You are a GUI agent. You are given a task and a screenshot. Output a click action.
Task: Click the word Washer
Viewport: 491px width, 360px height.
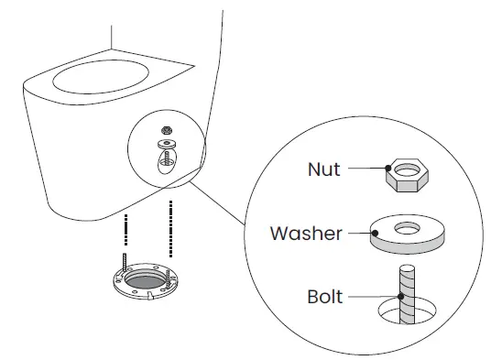pos(305,233)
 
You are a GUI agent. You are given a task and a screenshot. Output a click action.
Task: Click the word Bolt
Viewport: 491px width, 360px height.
pos(324,297)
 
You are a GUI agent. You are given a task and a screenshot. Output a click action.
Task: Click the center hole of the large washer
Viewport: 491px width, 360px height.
pos(406,225)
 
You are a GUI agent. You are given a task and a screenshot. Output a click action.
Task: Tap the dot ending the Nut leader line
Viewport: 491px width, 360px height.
pos(389,169)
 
